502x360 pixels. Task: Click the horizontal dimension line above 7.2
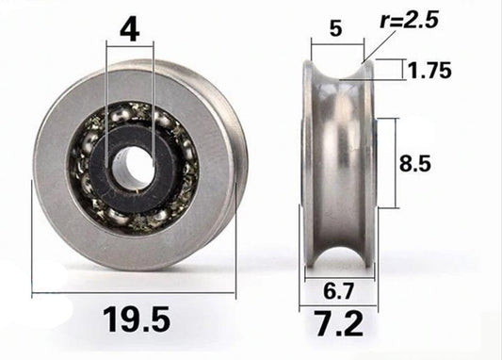tap(337, 307)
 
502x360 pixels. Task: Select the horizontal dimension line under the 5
tap(337, 43)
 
